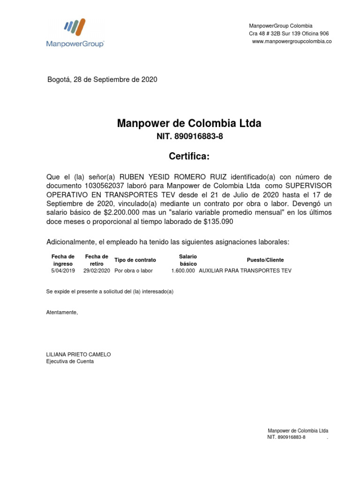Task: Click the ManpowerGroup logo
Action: click(75, 33)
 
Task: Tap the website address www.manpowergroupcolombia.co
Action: click(292, 42)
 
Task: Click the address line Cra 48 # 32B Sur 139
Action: click(288, 34)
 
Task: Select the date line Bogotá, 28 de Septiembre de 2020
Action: click(102, 79)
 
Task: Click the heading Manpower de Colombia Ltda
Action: click(189, 124)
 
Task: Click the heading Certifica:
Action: click(189, 156)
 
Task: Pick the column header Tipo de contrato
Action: click(135, 260)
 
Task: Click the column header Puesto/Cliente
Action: click(265, 260)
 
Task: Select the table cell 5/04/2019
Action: click(63, 271)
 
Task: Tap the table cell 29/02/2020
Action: click(97, 271)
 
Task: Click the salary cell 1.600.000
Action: click(183, 271)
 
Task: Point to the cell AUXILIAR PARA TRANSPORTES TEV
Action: click(245, 271)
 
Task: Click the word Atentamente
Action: click(62, 312)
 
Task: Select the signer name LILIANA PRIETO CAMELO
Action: click(78, 354)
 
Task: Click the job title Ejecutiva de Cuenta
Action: click(69, 361)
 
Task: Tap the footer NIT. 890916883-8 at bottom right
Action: click(286, 437)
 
